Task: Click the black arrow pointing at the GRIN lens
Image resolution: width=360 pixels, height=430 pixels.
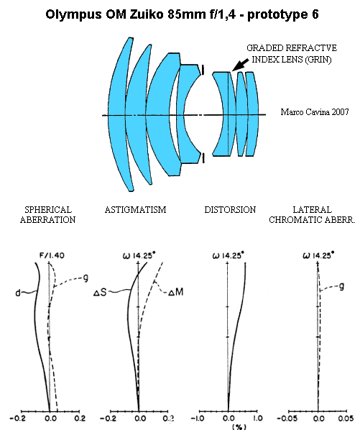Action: pyautogui.click(x=240, y=64)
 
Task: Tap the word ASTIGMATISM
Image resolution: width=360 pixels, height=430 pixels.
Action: pyautogui.click(x=135, y=210)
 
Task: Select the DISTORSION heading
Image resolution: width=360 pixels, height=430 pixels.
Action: pyautogui.click(x=230, y=210)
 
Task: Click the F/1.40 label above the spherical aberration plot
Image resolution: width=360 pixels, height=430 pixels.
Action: pyautogui.click(x=52, y=255)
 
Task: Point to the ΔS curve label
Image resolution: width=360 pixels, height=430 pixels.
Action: pyautogui.click(x=100, y=293)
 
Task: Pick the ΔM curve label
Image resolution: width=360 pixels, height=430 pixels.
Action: pyautogui.click(x=175, y=293)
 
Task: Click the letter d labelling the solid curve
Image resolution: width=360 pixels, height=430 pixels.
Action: pyautogui.click(x=18, y=293)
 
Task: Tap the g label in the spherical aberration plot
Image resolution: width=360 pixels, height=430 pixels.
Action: pyautogui.click(x=86, y=278)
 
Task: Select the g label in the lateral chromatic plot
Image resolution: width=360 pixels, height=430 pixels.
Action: pyautogui.click(x=341, y=286)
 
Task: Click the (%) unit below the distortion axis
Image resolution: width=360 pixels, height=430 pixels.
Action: pyautogui.click(x=239, y=426)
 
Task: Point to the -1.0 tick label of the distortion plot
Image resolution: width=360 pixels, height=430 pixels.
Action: pyautogui.click(x=198, y=418)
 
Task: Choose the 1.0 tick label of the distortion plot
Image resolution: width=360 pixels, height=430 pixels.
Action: pyautogui.click(x=257, y=418)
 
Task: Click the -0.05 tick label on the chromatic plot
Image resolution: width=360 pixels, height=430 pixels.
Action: pyautogui.click(x=287, y=418)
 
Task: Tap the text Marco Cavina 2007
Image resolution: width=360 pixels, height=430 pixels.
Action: pyautogui.click(x=315, y=112)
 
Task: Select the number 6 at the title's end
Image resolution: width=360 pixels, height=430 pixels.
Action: pyautogui.click(x=315, y=14)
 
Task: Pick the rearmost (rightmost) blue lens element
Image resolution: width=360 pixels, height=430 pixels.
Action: pyautogui.click(x=251, y=114)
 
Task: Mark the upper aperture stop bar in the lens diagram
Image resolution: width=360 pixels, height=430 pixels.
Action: pyautogui.click(x=203, y=70)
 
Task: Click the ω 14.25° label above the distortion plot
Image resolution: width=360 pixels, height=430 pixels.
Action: pyautogui.click(x=228, y=255)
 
